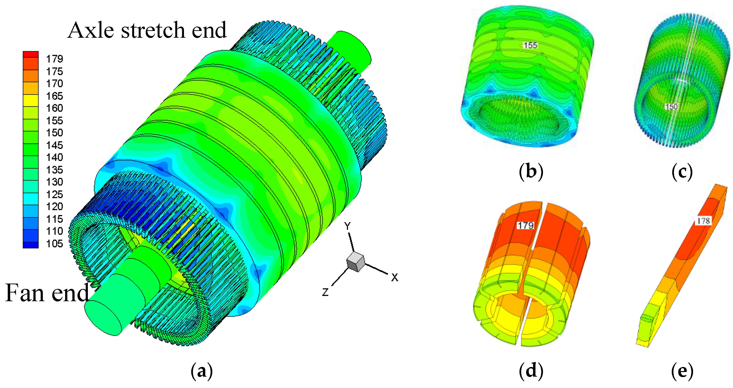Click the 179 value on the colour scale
tap(54, 59)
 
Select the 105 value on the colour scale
tap(54, 244)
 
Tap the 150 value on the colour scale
tap(54, 133)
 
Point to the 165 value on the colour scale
tap(54, 96)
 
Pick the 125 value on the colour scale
tap(54, 194)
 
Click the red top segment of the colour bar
tap(31, 54)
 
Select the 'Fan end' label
tap(47, 293)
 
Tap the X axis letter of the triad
tap(394, 278)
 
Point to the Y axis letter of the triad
tap(347, 226)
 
